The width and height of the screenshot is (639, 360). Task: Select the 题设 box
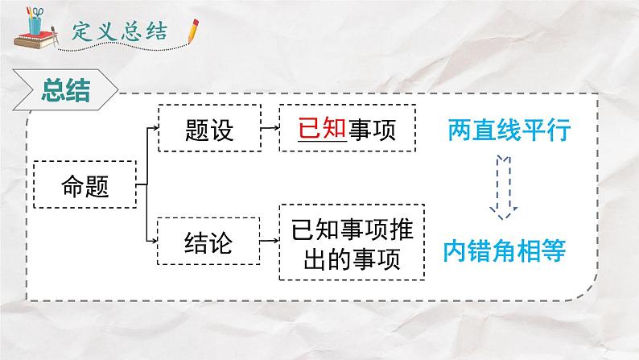click(208, 129)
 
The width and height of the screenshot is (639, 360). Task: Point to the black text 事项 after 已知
click(373, 129)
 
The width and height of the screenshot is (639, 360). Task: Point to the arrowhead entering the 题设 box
click(155, 127)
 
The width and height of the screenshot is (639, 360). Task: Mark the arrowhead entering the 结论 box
click(155, 241)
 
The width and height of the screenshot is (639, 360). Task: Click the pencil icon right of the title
click(192, 31)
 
